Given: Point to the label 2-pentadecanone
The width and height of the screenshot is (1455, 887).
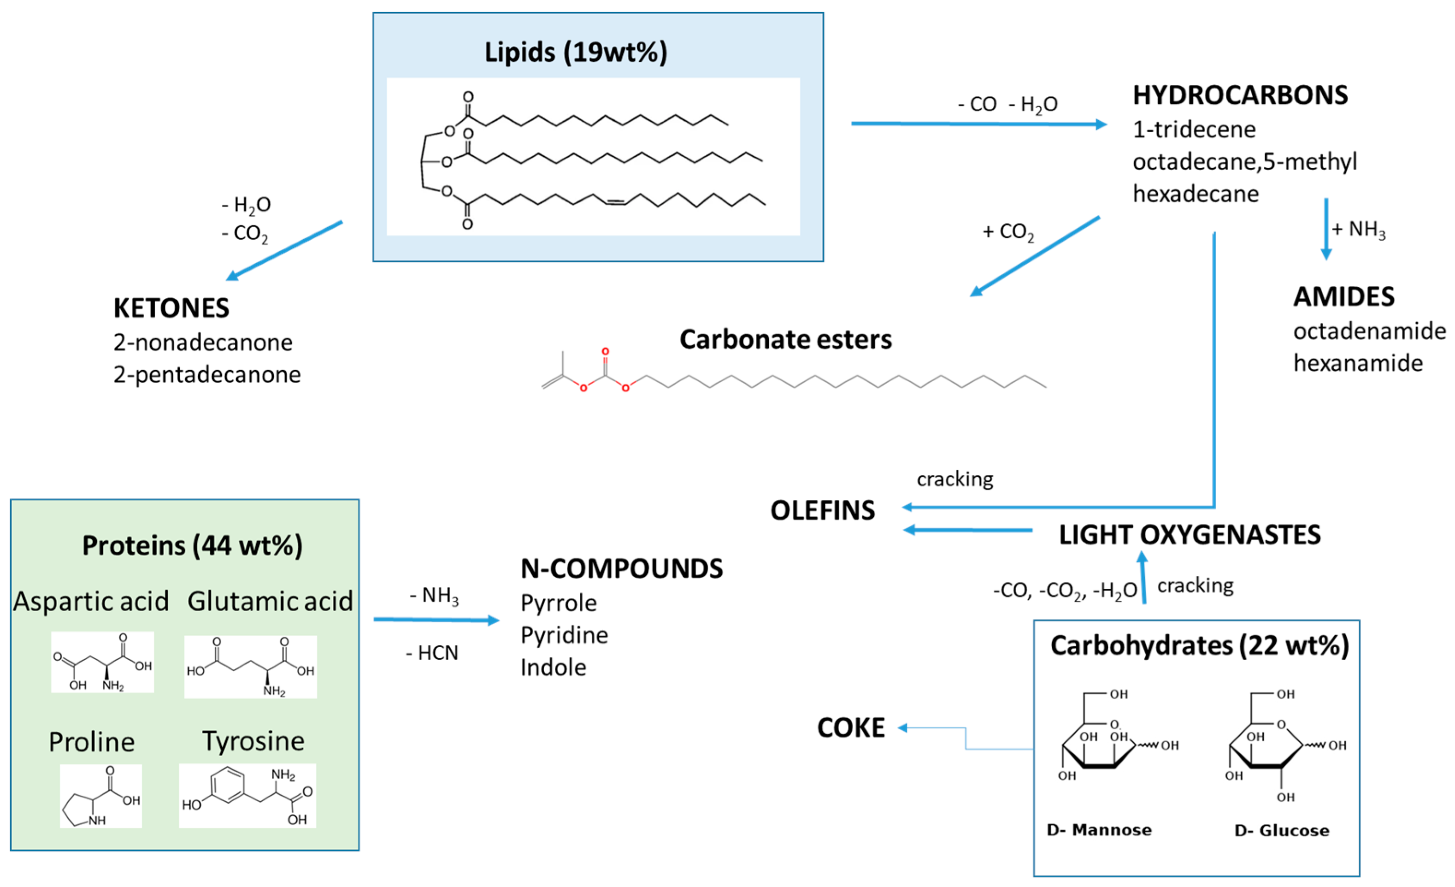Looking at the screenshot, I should pyautogui.click(x=206, y=374).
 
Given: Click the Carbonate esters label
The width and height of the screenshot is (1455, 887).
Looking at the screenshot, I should pyautogui.click(x=785, y=340).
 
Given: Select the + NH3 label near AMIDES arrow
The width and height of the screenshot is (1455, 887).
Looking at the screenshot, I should pyautogui.click(x=1358, y=229).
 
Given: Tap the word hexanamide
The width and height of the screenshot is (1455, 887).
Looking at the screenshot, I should pyautogui.click(x=1358, y=363).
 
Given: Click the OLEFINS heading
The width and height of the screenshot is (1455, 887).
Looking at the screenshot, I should pyautogui.click(x=822, y=511).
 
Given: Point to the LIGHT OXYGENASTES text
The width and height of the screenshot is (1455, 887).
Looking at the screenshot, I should pyautogui.click(x=1189, y=535).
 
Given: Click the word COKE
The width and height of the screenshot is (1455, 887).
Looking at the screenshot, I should pyautogui.click(x=850, y=727).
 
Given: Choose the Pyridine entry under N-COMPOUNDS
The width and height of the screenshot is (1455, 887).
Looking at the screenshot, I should pyautogui.click(x=564, y=635).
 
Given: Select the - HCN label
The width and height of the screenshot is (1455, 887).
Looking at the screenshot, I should pyautogui.click(x=432, y=653).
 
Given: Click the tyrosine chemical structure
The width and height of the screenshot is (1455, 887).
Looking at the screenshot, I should pyautogui.click(x=247, y=795).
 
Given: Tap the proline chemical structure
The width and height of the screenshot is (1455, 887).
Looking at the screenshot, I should pyautogui.click(x=100, y=795).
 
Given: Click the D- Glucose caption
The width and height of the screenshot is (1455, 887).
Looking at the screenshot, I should pyautogui.click(x=1281, y=831).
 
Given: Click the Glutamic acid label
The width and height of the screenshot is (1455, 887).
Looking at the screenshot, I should pyautogui.click(x=270, y=601).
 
